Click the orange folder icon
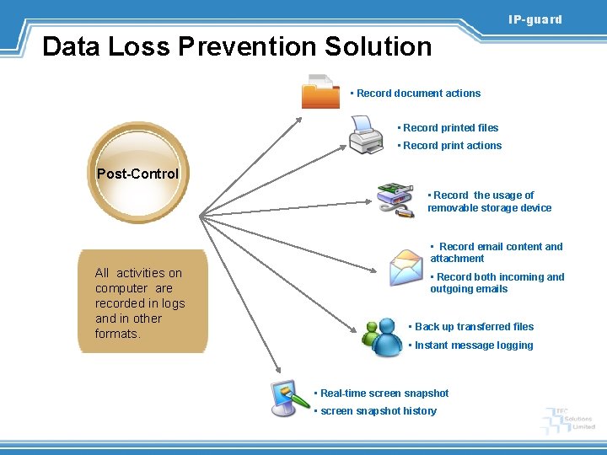320,92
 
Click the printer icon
366,135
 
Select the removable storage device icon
395,201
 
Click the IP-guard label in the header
534,19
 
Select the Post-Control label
137,174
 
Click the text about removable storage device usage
489,201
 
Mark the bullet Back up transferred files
474,327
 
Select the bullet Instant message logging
473,345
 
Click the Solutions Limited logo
570,420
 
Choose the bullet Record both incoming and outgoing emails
497,283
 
